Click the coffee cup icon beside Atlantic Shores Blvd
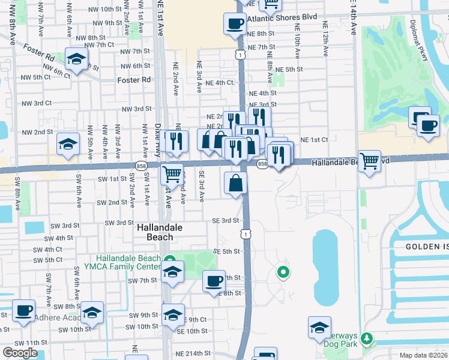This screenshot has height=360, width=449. pyautogui.click(x=235, y=25)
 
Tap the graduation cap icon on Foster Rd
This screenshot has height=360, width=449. pyautogui.click(x=76, y=59)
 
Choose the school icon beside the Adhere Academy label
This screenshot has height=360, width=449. pyautogui.click(x=92, y=312)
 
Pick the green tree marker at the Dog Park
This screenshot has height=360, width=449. pyautogui.click(x=366, y=340)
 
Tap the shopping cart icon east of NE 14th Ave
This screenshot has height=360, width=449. pyautogui.click(x=370, y=160)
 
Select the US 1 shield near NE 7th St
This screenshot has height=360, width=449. pyautogui.click(x=240, y=55)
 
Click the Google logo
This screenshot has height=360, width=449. pyautogui.click(x=19, y=353)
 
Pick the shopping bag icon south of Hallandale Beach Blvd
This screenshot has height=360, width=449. pyautogui.click(x=236, y=183)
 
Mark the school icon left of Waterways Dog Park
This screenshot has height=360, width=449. pyautogui.click(x=320, y=327)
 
